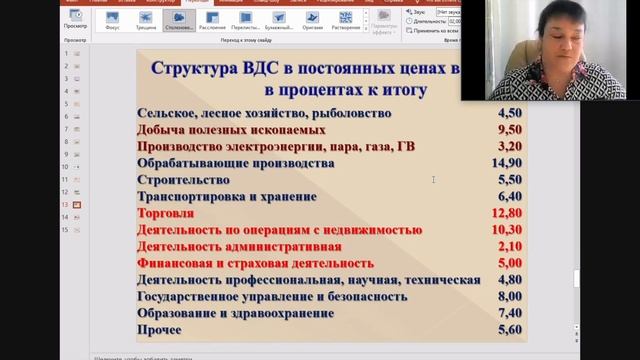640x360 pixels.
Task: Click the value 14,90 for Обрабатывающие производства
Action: tap(507, 163)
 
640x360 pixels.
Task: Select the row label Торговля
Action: tap(165, 213)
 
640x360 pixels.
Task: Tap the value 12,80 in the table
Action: tap(507, 213)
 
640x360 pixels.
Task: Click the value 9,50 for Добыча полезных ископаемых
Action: tap(509, 130)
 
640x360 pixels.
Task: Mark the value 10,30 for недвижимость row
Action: tap(507, 230)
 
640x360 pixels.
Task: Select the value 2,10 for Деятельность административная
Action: tap(509, 246)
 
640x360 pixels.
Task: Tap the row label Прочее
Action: tap(160, 330)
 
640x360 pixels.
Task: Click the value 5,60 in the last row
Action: tap(509, 330)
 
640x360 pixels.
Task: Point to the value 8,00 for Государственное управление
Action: tap(509, 296)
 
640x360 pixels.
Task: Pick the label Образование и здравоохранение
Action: tap(236, 313)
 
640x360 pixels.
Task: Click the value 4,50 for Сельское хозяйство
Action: tap(509, 113)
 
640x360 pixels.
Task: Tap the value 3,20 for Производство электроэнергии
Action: tap(509, 146)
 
